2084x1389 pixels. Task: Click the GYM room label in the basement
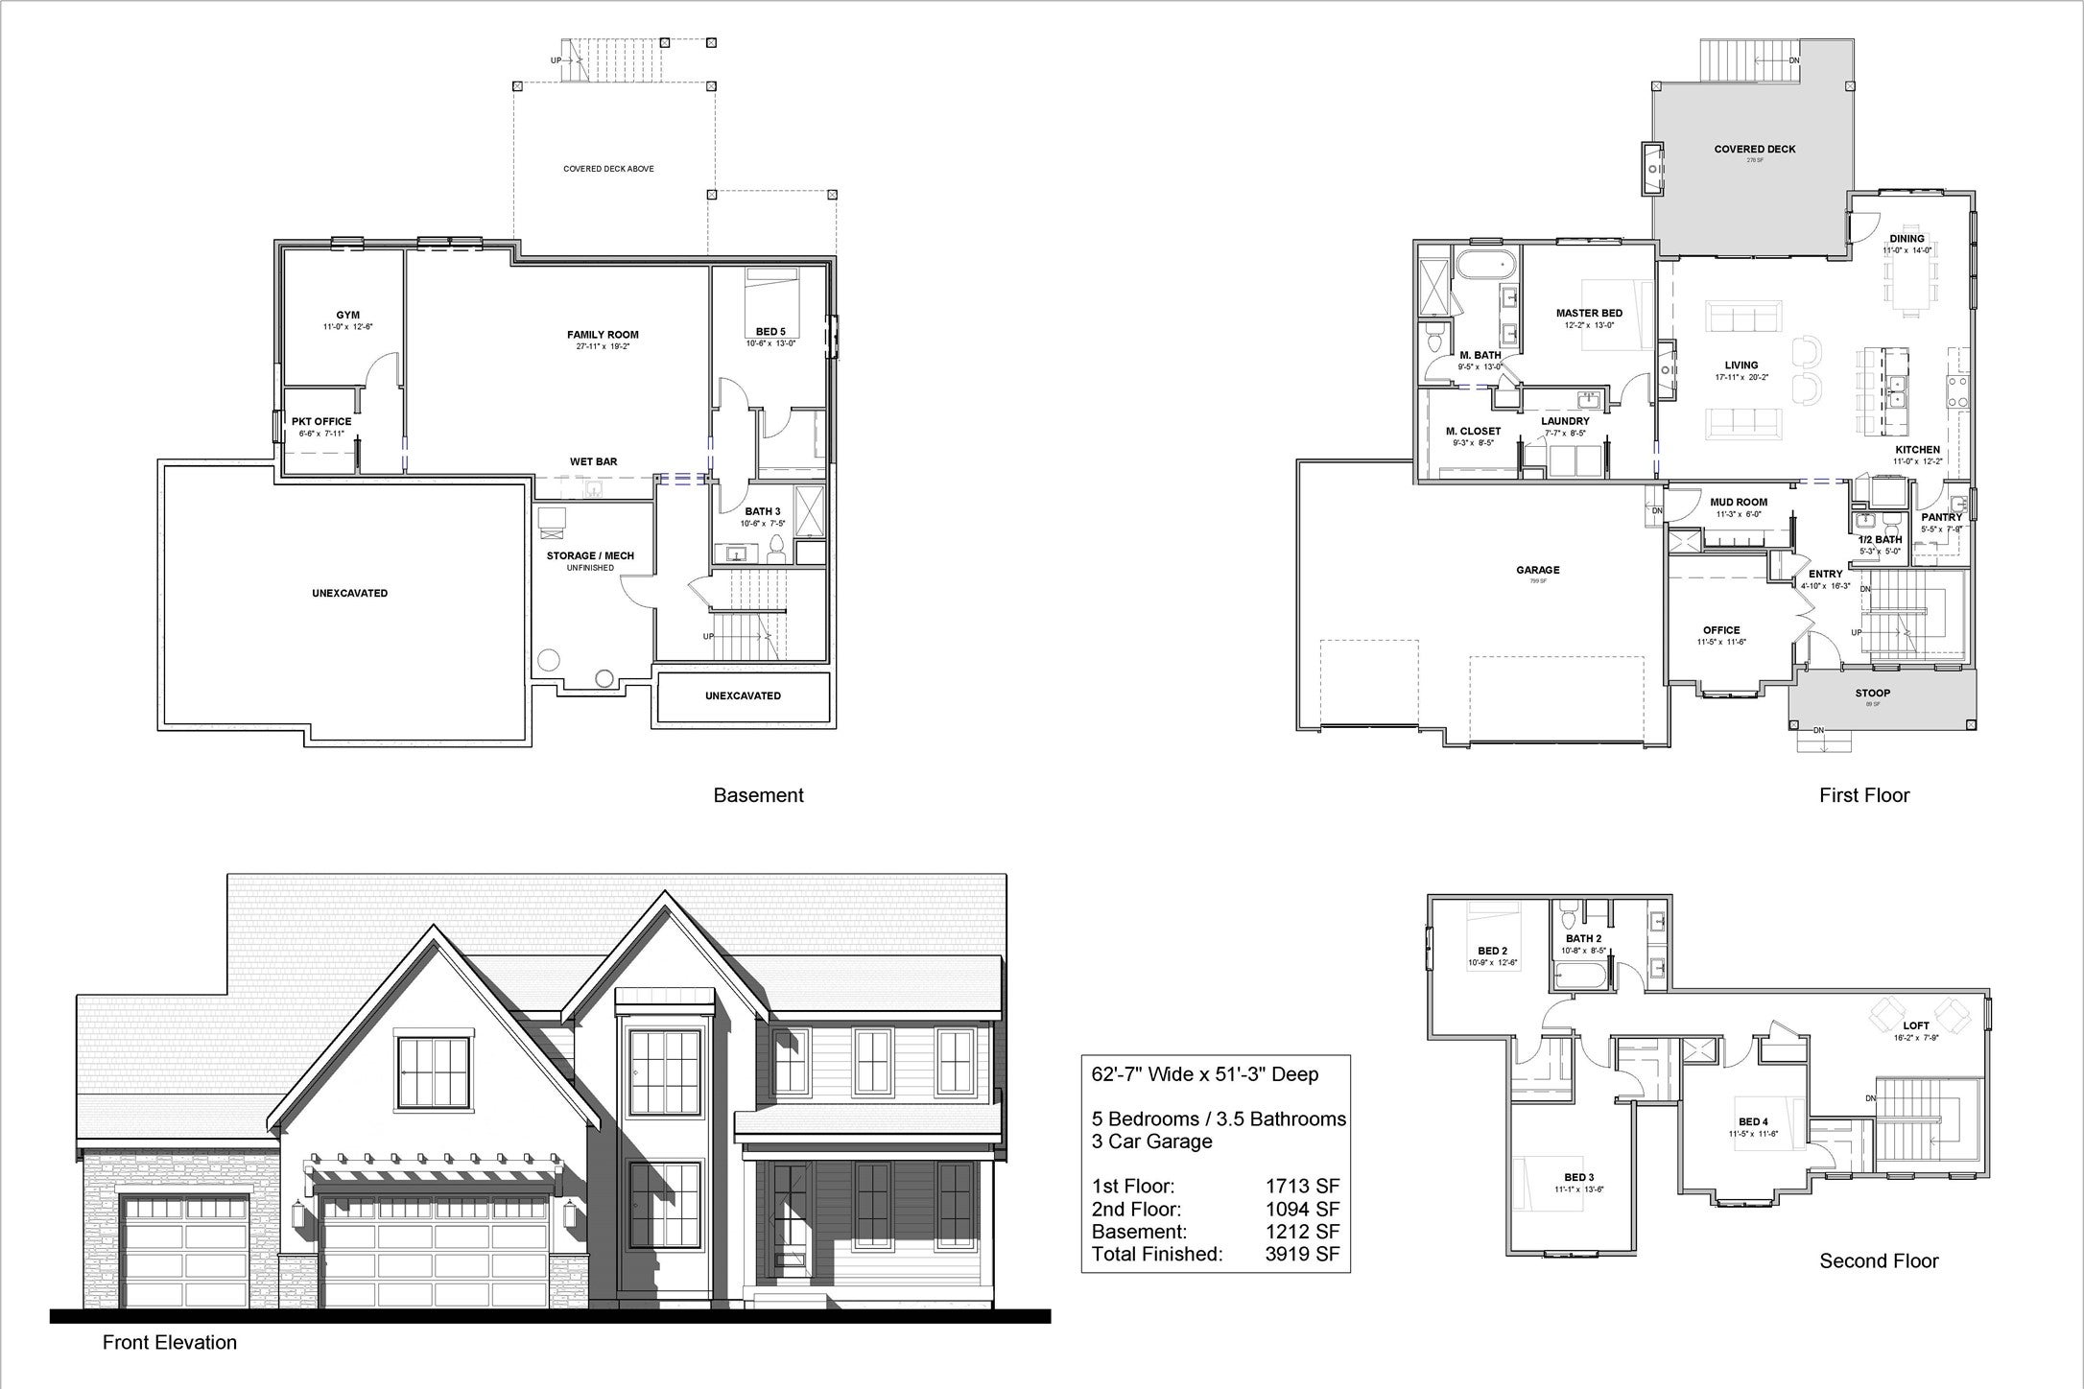pos(347,316)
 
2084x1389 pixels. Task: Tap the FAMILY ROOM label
pos(603,335)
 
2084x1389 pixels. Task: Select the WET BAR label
pos(594,461)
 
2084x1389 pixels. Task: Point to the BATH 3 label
pos(763,512)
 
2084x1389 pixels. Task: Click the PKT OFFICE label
pos(321,421)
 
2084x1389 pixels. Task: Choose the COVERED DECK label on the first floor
pos(1755,149)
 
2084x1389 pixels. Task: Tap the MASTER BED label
pos(1589,313)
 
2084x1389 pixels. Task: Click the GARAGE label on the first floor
pos(1538,570)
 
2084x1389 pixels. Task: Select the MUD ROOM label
pos(1739,502)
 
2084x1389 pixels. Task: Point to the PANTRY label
pos(1942,517)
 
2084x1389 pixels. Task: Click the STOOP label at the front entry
pos(1872,693)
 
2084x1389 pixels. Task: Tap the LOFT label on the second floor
pos(1916,1025)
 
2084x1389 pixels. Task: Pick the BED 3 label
pos(1578,1177)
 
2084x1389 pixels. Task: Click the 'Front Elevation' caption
pos(170,1342)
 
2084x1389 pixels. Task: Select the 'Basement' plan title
pos(758,795)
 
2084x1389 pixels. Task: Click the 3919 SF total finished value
pos(1302,1254)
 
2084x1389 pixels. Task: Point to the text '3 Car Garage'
pos(1151,1142)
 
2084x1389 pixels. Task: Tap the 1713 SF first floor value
pos(1302,1187)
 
